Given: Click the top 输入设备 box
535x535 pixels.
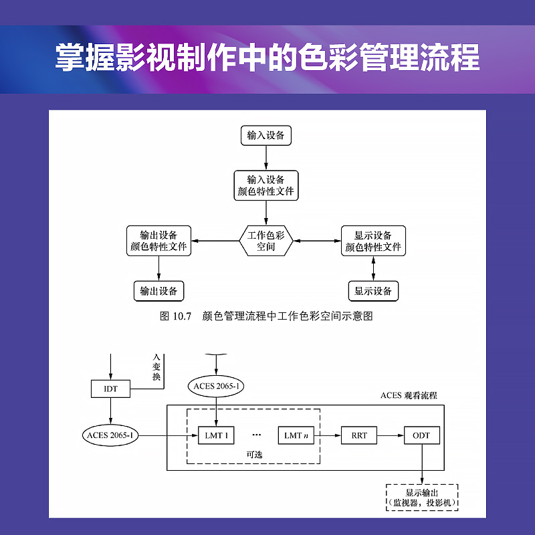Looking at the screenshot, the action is point(265,136).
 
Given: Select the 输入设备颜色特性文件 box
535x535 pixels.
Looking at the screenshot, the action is point(265,185).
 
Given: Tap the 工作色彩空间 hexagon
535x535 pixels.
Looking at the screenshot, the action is point(265,241).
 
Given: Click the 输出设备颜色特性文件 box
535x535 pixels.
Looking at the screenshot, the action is point(158,241).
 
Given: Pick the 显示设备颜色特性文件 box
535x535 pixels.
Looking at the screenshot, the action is point(373,241).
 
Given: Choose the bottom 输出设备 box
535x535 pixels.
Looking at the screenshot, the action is point(158,291).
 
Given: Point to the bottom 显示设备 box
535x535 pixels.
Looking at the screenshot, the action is point(373,291).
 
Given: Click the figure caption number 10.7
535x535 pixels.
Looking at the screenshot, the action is point(182,316).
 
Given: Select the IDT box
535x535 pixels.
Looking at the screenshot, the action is point(110,389).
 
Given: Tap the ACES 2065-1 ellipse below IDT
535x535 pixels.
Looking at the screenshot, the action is point(110,435).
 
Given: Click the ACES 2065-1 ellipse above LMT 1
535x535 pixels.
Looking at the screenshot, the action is point(216,387).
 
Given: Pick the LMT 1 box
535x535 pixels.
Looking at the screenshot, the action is point(216,435).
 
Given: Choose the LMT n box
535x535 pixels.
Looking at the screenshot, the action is point(296,435).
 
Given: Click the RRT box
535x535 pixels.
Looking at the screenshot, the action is point(359,435).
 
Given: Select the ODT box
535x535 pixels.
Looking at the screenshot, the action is point(422,435).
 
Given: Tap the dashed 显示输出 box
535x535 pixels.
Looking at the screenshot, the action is point(422,498).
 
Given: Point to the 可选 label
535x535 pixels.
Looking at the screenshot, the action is point(254,455).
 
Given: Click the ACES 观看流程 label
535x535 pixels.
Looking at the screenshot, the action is point(409,395).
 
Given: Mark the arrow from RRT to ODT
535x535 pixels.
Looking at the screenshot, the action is point(391,435).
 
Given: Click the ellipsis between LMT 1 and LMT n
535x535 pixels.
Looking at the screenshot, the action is point(257,435).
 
